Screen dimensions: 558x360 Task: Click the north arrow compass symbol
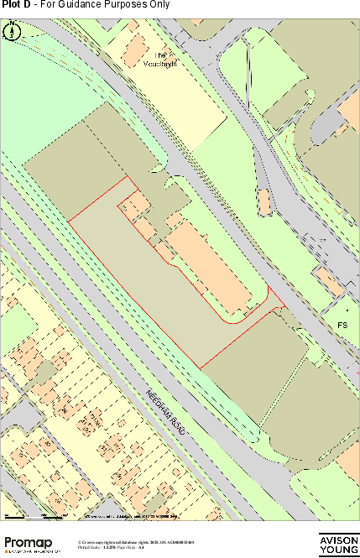pyautogui.click(x=13, y=32)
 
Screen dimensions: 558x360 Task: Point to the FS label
pyautogui.click(x=342, y=325)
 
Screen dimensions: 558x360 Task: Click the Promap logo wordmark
pyautogui.click(x=31, y=542)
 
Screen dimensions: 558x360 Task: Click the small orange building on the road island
pyautogui.click(x=263, y=201)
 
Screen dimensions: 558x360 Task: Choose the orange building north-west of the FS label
pyautogui.click(x=329, y=281)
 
